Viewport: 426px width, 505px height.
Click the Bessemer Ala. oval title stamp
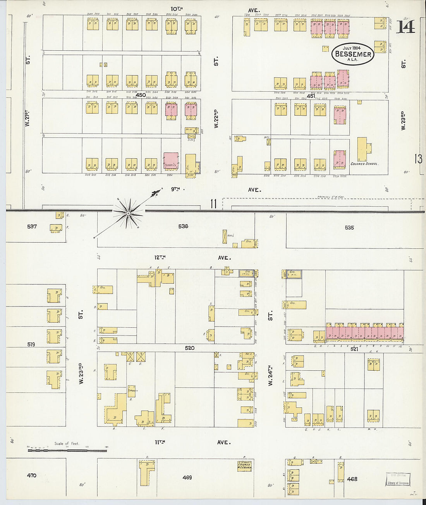pyautogui.click(x=353, y=54)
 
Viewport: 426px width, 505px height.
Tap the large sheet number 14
pyautogui.click(x=405, y=26)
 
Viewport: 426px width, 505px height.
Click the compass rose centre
pyautogui.click(x=128, y=212)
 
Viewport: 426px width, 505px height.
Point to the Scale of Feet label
pyautogui.click(x=67, y=443)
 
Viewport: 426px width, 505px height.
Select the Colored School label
pyautogui.click(x=364, y=164)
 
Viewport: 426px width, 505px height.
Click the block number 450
pyautogui.click(x=141, y=95)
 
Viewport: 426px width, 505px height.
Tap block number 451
pyautogui.click(x=311, y=96)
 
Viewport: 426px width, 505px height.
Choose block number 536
pyautogui.click(x=183, y=226)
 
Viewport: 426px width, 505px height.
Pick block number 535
pyautogui.click(x=349, y=228)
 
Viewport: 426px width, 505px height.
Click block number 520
pyautogui.click(x=189, y=348)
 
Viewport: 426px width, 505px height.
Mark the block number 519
pyautogui.click(x=31, y=344)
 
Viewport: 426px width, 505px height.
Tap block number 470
pyautogui.click(x=31, y=475)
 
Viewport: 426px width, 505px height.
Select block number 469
pyautogui.click(x=187, y=477)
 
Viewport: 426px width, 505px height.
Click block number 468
pyautogui.click(x=352, y=479)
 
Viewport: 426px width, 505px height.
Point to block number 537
pyautogui.click(x=32, y=226)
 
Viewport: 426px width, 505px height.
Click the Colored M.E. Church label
pyautogui.click(x=244, y=466)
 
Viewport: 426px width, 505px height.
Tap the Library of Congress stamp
pyautogui.click(x=398, y=479)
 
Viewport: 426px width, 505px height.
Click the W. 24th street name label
pyautogui.click(x=270, y=375)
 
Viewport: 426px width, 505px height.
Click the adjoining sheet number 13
pyautogui.click(x=418, y=159)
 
